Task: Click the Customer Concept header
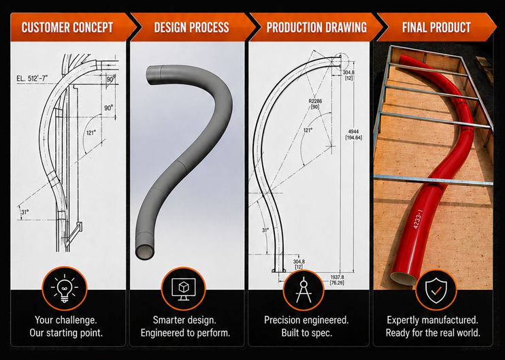coord(67,27)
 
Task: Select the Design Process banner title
coord(192,27)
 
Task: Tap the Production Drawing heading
coord(316,27)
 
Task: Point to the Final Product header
coord(436,27)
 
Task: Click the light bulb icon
coord(65,288)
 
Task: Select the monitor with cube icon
coord(183,289)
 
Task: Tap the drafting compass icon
coord(304,289)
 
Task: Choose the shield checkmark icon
coord(436,291)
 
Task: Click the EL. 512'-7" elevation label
coord(32,78)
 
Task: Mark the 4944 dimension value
coord(353,132)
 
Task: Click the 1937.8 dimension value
coord(337,277)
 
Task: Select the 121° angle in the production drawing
coord(308,131)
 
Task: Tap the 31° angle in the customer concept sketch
coord(25,212)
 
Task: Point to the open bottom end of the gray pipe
coord(145,252)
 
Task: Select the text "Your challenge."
coord(66,320)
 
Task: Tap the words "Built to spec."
coord(306,333)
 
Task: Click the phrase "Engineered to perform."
coord(186,333)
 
